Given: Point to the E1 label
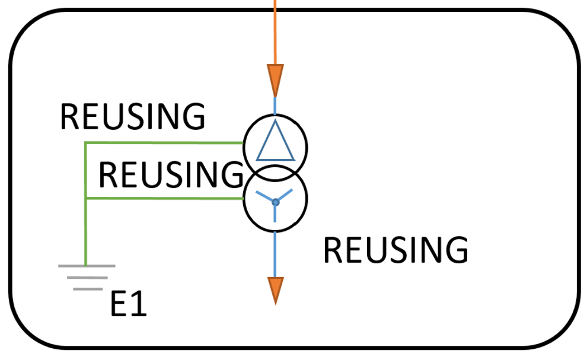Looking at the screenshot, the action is (x=129, y=304).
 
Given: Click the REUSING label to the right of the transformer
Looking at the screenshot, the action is (x=395, y=250).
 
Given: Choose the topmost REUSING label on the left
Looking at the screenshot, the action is (x=133, y=116).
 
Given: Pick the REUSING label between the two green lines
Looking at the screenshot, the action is (x=171, y=174).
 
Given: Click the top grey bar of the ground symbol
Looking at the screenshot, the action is (x=87, y=266).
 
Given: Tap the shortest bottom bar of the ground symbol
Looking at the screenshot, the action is (x=88, y=289).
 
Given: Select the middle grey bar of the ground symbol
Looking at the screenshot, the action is (x=87, y=278).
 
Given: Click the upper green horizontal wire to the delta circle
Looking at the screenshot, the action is (x=164, y=143).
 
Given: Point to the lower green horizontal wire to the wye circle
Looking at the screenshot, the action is (x=165, y=198).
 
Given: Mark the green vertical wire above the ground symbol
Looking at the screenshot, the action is (x=86, y=204).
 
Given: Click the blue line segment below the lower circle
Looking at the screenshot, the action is (x=275, y=254).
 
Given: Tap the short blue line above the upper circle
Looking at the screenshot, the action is (x=275, y=106).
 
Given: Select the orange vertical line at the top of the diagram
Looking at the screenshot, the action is (x=275, y=32).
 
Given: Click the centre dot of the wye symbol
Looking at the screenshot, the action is (x=276, y=202).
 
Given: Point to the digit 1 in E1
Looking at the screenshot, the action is (x=139, y=304).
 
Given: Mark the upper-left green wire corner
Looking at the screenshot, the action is (x=86, y=143).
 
